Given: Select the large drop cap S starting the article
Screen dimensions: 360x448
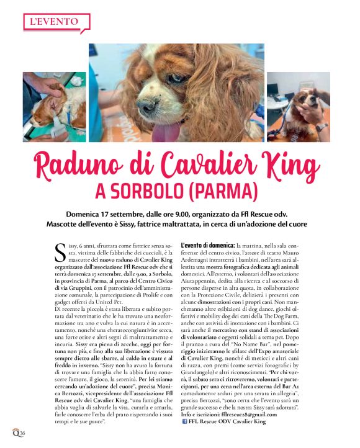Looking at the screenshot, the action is pos(60,252).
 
